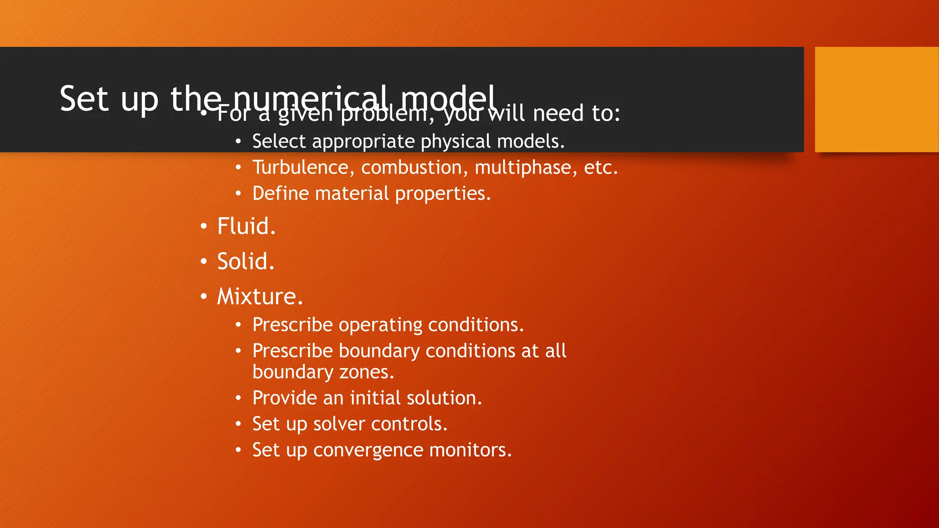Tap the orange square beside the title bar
876,99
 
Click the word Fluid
246,226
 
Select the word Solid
246,261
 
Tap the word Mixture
260,297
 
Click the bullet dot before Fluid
204,226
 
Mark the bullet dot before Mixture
204,297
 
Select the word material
352,193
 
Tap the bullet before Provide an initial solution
238,398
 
